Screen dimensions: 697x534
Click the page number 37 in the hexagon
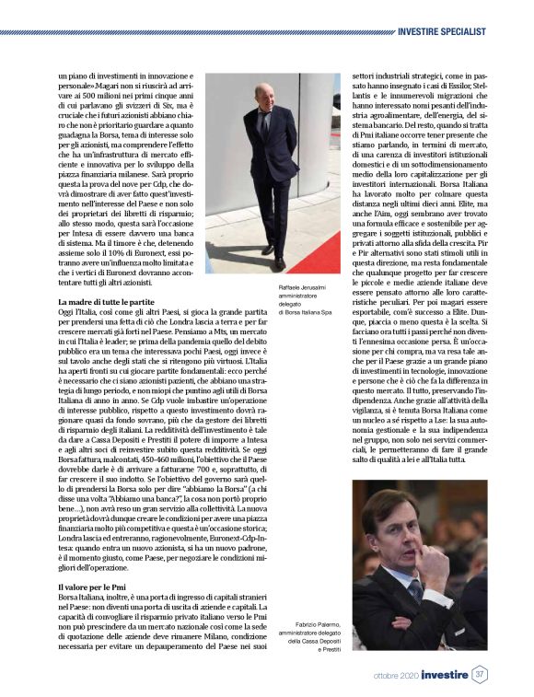[480, 675]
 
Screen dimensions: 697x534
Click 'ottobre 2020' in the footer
[393, 676]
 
